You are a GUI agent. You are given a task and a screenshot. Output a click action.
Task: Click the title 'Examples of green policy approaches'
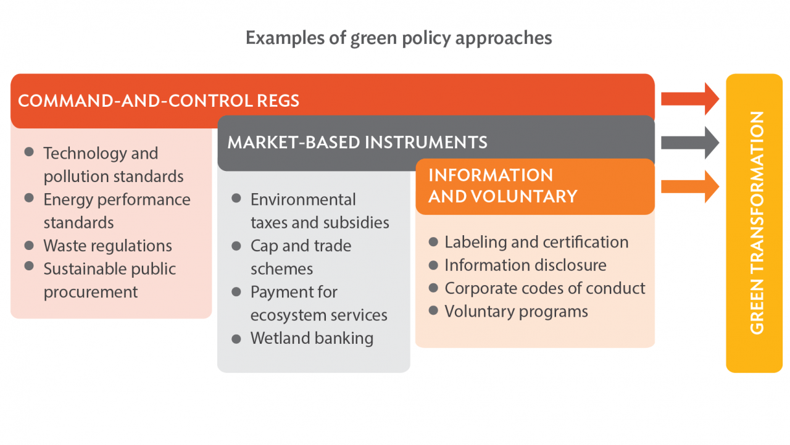[x=399, y=38]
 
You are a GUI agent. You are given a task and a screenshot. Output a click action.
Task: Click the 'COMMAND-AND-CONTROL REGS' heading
[x=159, y=101]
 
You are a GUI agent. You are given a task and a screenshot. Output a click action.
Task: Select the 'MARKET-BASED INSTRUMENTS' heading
[x=357, y=143]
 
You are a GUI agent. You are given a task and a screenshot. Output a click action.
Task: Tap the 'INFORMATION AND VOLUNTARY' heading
[x=502, y=186]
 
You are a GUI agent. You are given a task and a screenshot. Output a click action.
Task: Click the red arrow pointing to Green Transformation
[x=689, y=99]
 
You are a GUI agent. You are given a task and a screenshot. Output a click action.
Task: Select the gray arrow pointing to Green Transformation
[x=689, y=143]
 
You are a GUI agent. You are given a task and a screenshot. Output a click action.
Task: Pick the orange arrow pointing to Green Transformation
[x=689, y=186]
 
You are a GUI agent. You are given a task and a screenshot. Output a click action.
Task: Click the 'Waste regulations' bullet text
[x=107, y=246]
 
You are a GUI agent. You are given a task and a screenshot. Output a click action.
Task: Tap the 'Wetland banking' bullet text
[x=312, y=338]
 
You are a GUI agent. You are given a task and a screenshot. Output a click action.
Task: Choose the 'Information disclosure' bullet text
[x=525, y=265]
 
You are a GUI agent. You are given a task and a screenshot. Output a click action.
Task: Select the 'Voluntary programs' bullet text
[x=516, y=312]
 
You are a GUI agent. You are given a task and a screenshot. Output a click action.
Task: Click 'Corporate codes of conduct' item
[x=545, y=288]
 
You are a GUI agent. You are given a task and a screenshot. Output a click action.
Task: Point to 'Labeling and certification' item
[x=536, y=242]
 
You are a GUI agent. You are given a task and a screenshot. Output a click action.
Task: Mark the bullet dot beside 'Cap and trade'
[x=236, y=246]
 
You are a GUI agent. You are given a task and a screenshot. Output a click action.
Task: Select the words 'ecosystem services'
[x=318, y=315]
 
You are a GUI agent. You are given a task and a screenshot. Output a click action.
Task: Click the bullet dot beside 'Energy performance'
[x=29, y=198]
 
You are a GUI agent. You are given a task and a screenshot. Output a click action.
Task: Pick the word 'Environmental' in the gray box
[x=303, y=200]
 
